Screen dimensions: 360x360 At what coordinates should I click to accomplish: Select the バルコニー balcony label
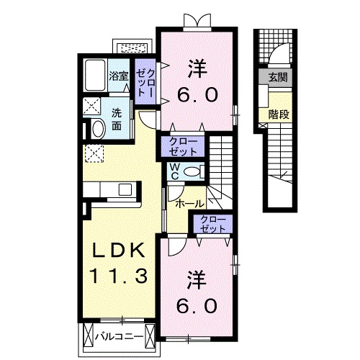pos(119,336)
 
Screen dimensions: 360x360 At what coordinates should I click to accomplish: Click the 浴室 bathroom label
pos(118,75)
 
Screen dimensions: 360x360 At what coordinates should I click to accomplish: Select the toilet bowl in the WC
pos(191,171)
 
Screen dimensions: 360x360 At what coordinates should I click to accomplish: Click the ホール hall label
pos(189,203)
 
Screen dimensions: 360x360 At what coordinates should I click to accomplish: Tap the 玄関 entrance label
pos(277,77)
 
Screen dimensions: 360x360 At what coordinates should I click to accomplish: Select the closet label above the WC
pos(184,146)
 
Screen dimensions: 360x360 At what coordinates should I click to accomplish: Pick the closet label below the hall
pos(212,223)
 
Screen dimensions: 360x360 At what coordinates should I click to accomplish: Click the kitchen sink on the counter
pos(125,189)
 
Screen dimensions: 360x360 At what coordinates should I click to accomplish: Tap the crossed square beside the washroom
pos(91,107)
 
